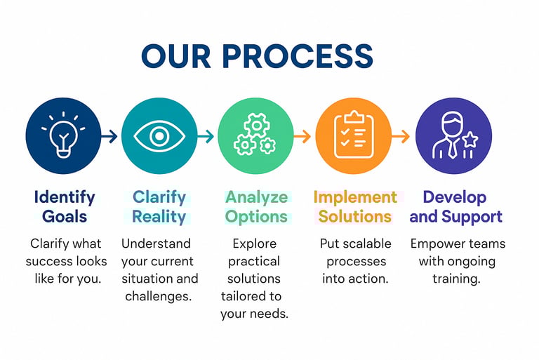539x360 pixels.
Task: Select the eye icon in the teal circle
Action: point(159,136)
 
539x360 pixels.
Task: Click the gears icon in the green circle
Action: point(255,136)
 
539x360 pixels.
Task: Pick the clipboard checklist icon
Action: point(352,136)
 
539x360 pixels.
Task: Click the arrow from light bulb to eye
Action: point(109,137)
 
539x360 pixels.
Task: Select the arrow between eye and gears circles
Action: point(206,137)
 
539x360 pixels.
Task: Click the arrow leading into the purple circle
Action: point(400,137)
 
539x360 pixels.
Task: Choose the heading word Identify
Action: point(64,196)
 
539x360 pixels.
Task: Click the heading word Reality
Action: point(159,216)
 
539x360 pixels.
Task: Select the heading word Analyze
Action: point(257,196)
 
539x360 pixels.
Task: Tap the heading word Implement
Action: point(354,196)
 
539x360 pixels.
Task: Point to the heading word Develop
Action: point(454,196)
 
